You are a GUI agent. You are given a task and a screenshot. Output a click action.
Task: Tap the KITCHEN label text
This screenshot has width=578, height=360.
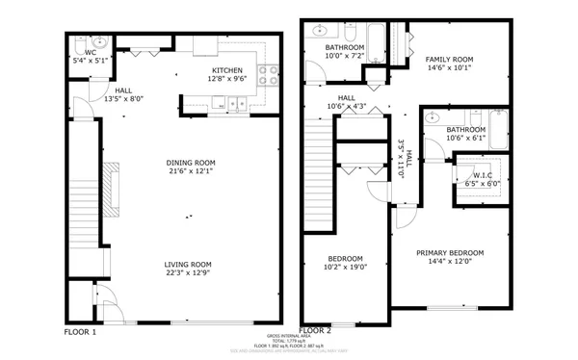(229, 71)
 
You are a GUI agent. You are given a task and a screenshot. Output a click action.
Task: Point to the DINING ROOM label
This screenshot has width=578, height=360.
(191, 163)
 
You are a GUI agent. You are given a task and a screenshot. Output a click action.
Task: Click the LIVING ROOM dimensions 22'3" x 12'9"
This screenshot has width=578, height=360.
(187, 274)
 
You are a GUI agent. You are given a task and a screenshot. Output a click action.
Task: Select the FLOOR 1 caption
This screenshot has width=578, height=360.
(80, 331)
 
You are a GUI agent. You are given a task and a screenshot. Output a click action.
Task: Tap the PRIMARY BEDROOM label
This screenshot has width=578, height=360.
(450, 253)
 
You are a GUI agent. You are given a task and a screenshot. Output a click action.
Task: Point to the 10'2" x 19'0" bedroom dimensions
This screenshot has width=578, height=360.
(345, 268)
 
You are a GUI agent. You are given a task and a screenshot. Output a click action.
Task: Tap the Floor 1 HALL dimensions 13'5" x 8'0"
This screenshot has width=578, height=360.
(123, 98)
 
